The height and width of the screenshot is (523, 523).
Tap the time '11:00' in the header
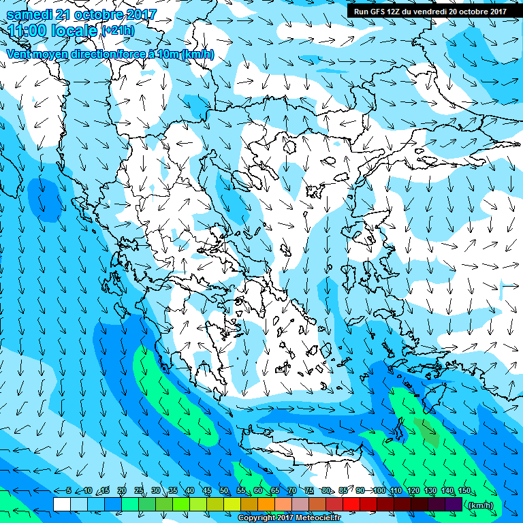tap(30, 30)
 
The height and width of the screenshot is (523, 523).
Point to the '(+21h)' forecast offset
tap(118, 31)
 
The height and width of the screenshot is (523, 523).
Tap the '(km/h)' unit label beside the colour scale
tap(482, 505)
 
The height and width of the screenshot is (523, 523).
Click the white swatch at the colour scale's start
tap(61, 505)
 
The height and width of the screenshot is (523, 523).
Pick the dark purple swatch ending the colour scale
tap(454, 505)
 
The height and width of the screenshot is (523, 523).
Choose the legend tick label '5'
tap(69, 491)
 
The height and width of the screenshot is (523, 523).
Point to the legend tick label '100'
tap(379, 491)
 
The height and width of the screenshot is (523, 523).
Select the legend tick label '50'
tap(224, 491)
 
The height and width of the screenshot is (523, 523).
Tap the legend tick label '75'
tap(309, 491)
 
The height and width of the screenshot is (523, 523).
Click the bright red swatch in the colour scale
tap(351, 505)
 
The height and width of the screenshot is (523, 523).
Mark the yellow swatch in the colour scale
tap(232, 505)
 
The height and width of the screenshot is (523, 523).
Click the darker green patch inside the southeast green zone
tap(427, 432)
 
